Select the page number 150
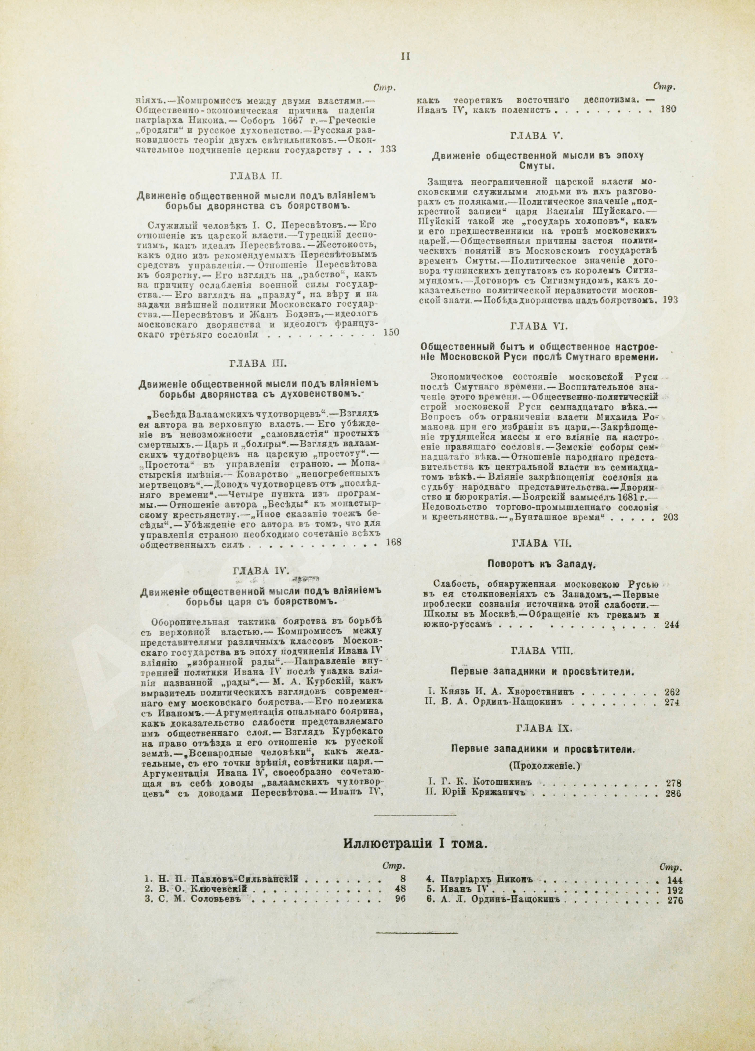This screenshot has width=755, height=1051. point(391,332)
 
